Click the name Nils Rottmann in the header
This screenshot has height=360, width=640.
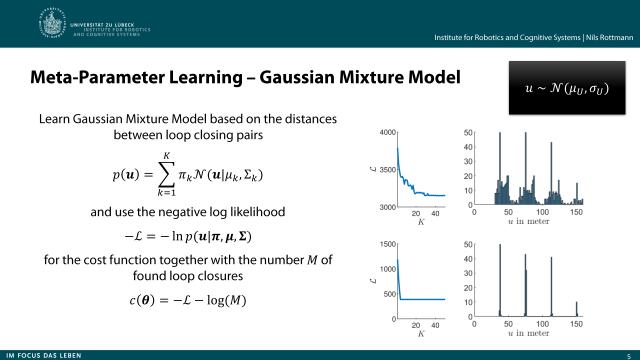click(x=609, y=37)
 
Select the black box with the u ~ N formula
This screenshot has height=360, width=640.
click(x=567, y=87)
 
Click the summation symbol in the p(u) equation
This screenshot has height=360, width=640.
click(x=166, y=175)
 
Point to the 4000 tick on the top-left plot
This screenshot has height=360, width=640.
click(x=387, y=132)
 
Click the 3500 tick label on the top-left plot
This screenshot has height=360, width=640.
click(x=387, y=169)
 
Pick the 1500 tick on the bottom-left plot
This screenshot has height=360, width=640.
click(x=387, y=244)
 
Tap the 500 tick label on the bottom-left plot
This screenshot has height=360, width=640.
click(x=389, y=294)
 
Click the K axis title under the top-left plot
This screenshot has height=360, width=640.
click(x=421, y=222)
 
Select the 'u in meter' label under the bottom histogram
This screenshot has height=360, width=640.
click(x=528, y=333)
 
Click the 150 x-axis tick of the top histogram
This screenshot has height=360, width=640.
click(x=576, y=212)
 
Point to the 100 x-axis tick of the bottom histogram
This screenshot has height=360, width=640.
click(x=542, y=323)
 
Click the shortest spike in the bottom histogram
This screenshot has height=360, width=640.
click(x=576, y=309)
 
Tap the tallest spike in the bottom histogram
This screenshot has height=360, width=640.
click(x=500, y=280)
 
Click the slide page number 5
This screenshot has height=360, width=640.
click(x=629, y=356)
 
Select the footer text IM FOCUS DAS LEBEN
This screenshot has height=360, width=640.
click(x=43, y=355)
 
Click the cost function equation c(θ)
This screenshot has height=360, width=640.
click(x=187, y=300)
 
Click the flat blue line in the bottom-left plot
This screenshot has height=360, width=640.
click(x=423, y=299)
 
